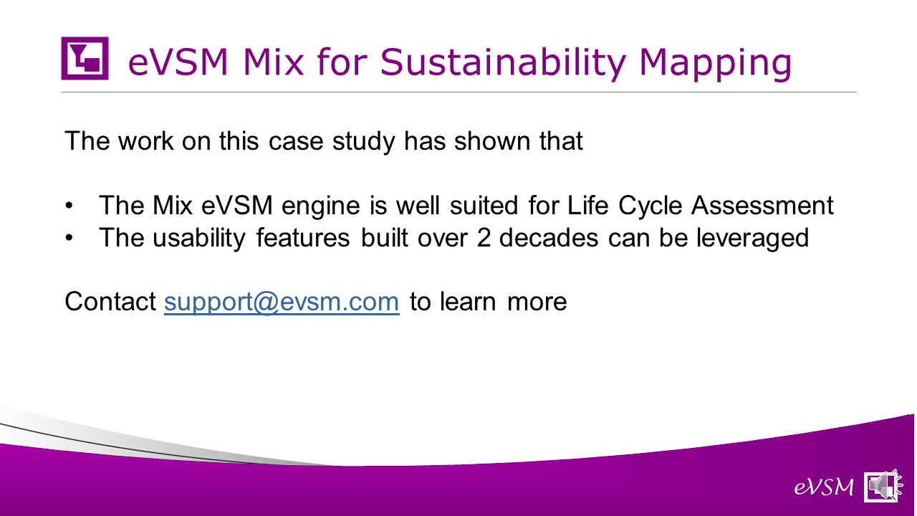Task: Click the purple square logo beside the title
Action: click(x=85, y=58)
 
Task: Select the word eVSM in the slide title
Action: click(x=178, y=62)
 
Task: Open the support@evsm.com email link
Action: click(x=282, y=302)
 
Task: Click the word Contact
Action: click(x=110, y=302)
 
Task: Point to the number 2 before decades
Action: click(x=484, y=237)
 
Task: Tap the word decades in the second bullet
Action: click(x=549, y=237)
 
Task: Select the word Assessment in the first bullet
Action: click(x=762, y=205)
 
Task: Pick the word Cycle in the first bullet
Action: click(x=650, y=206)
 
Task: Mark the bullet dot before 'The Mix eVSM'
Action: click(x=69, y=206)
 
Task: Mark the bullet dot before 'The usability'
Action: click(x=69, y=238)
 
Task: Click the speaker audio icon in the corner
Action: click(x=883, y=486)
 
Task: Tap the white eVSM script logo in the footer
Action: click(x=824, y=487)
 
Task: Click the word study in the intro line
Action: click(x=363, y=142)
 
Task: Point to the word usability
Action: click(x=199, y=239)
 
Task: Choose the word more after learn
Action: click(x=537, y=302)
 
